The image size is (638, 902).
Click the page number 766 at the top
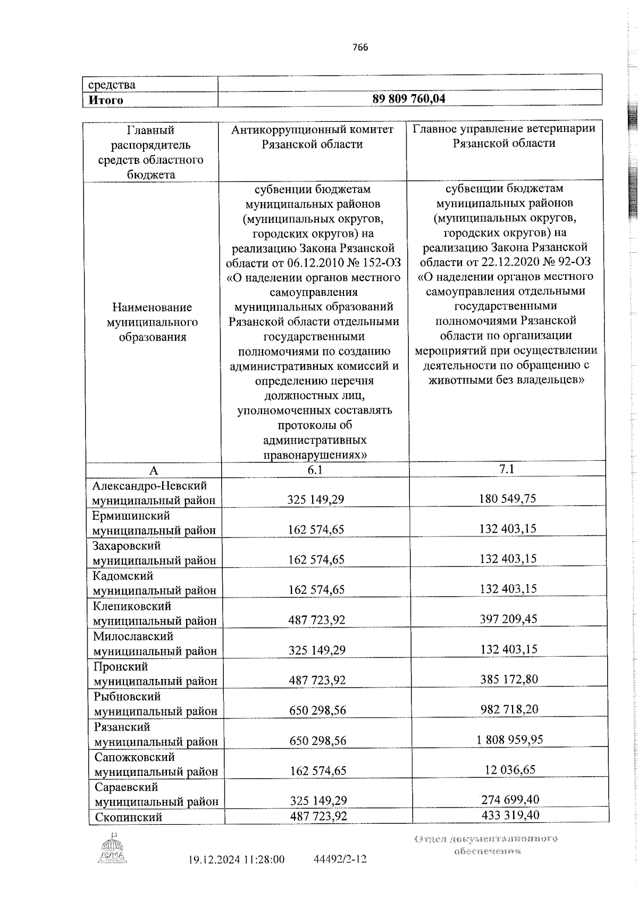click(x=360, y=47)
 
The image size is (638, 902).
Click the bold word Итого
click(x=106, y=100)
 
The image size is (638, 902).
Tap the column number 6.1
click(x=315, y=469)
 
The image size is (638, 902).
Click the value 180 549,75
click(x=508, y=498)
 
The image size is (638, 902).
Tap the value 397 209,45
click(x=508, y=618)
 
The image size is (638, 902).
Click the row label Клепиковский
click(x=132, y=606)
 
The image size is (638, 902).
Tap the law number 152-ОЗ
click(x=377, y=263)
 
